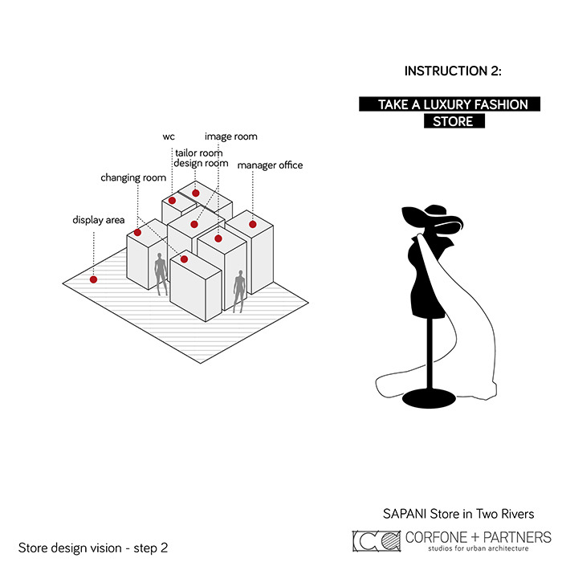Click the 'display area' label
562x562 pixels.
coord(99,220)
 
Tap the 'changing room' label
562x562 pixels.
coord(133,177)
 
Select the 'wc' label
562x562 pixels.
coord(169,137)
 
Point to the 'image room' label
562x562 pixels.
coord(231,136)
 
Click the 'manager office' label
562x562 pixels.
coord(270,165)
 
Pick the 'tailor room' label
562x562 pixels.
coord(199,153)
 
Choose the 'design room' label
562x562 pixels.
coord(201,164)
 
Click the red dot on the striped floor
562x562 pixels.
coord(94,279)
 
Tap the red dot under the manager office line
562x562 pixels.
coord(253,224)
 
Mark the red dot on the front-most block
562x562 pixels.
coord(184,259)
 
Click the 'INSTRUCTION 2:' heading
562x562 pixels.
coord(453,71)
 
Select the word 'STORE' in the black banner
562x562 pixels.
coord(453,121)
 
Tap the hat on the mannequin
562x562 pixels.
coord(432,219)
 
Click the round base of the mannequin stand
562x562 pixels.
coord(429,398)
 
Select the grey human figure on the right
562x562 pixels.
coord(239,291)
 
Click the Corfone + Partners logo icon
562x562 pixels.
coord(377,541)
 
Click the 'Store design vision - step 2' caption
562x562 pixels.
coord(93,548)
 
